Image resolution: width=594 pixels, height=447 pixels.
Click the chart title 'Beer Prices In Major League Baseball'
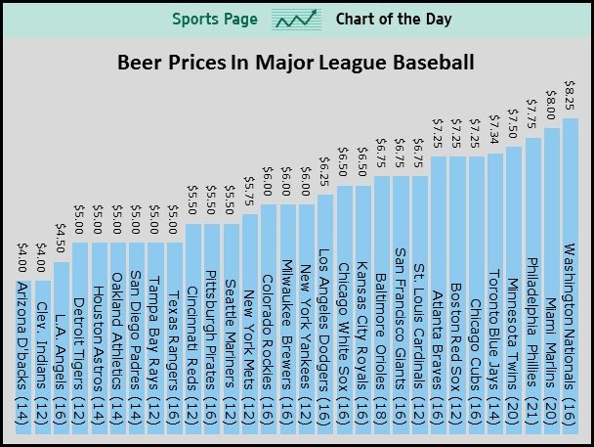click(296, 63)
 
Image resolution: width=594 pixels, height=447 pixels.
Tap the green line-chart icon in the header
click(296, 20)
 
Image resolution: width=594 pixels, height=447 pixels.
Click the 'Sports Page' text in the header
click(215, 19)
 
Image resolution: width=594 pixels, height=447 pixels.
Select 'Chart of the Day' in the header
click(394, 19)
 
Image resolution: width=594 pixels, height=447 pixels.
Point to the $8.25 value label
click(570, 95)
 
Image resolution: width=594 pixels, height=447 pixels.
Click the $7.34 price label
click(494, 129)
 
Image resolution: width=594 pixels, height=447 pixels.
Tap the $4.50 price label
click(61, 238)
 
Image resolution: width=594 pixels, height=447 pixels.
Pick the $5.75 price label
click(249, 191)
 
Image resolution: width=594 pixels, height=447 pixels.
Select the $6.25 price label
click(324, 172)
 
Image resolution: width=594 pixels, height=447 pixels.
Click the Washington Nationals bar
click(571, 276)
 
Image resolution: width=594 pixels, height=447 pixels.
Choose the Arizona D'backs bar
click(23, 357)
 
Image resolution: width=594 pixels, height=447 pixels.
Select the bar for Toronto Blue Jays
click(495, 293)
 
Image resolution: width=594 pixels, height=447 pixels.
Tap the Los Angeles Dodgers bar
click(325, 314)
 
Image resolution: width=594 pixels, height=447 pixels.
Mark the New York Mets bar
click(250, 324)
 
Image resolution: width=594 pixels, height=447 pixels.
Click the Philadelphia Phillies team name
click(531, 322)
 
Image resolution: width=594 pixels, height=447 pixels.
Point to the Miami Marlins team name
click(551, 342)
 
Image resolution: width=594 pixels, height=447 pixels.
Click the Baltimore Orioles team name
click(381, 332)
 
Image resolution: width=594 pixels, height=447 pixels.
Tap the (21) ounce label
click(531, 412)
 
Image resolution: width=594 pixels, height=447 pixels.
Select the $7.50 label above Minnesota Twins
click(513, 123)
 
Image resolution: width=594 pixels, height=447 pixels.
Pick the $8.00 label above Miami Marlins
click(551, 105)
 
